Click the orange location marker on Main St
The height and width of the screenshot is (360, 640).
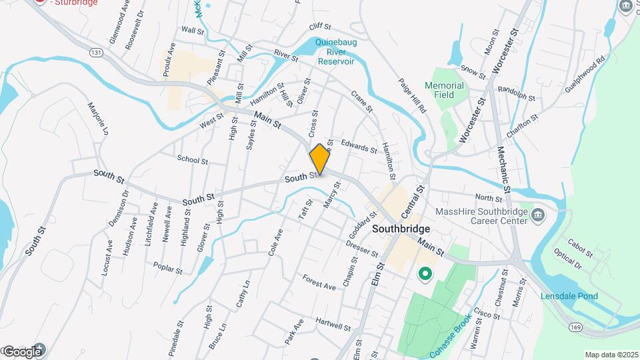(320, 159)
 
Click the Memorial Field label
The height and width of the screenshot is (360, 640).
(444, 90)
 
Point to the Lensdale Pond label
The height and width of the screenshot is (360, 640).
(569, 296)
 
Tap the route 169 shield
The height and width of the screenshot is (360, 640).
(577, 326)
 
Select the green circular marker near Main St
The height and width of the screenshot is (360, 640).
(424, 273)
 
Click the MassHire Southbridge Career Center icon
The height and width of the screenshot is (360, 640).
(539, 215)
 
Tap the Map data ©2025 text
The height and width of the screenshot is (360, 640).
(611, 355)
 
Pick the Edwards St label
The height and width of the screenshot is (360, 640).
(359, 145)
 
